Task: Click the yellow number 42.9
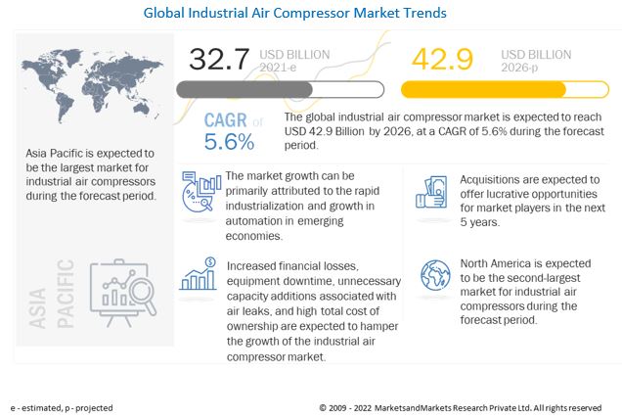(442, 61)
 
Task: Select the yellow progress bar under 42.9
(484, 90)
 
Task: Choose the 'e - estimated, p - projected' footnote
(62, 407)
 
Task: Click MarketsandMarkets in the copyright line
(430, 407)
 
